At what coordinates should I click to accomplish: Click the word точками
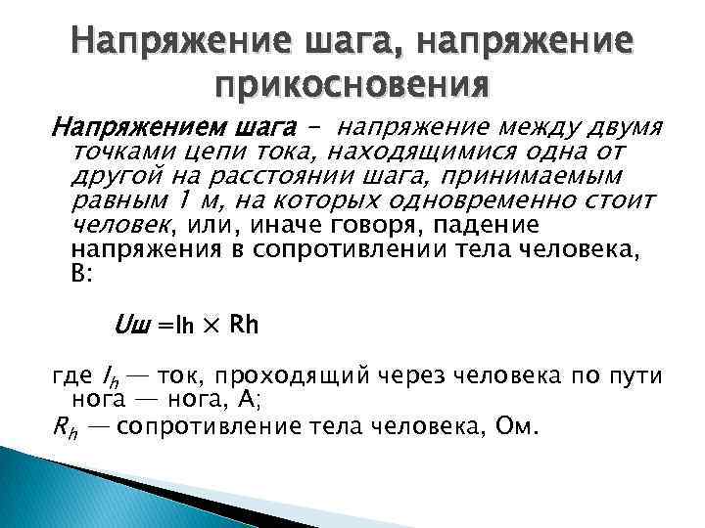pos(115,153)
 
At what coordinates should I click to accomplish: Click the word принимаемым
pos(533,176)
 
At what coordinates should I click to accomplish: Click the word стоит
pos(620,200)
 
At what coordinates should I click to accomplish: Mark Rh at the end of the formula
pos(242,325)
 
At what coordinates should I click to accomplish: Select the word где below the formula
pos(70,377)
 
